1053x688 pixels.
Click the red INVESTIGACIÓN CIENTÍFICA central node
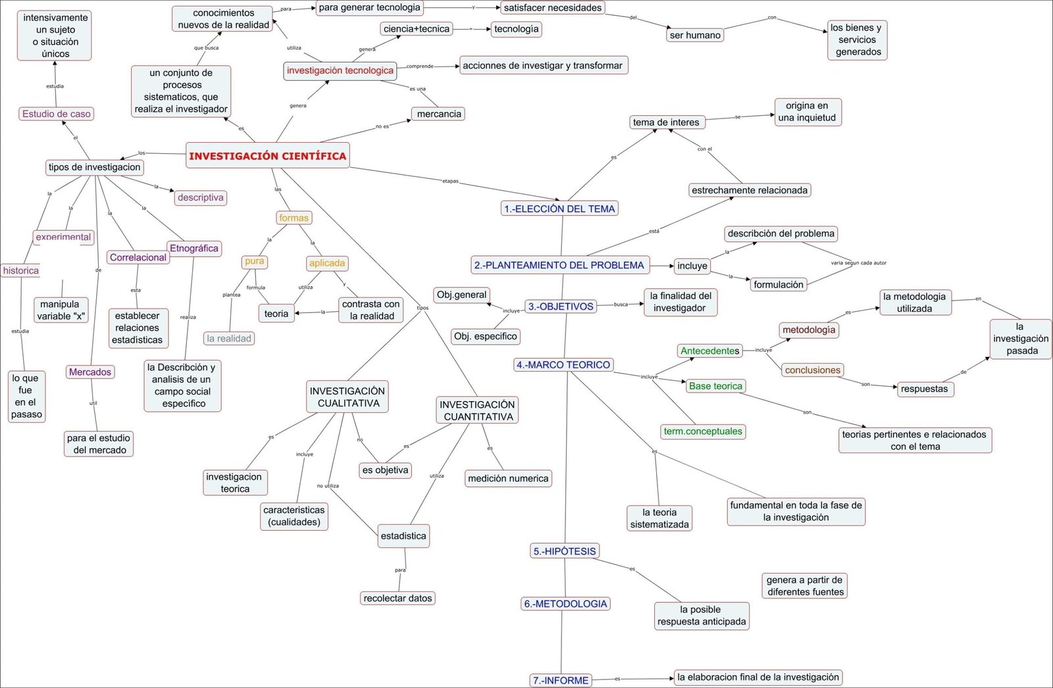(x=267, y=156)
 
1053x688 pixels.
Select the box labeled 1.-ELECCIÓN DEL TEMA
(x=559, y=209)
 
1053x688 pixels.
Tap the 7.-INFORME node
(x=561, y=680)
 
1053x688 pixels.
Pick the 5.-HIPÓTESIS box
(x=565, y=551)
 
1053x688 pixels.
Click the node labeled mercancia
(x=439, y=114)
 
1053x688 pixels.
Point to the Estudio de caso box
(x=57, y=114)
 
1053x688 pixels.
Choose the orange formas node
(x=294, y=218)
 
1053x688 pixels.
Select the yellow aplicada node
(x=327, y=263)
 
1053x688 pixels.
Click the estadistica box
(x=403, y=536)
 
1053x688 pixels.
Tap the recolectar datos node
(x=398, y=598)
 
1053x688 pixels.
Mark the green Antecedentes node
(x=709, y=351)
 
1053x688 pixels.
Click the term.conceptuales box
(x=703, y=431)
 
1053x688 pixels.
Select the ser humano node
(x=695, y=35)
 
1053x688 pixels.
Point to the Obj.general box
(x=462, y=295)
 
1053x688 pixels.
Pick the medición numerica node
(x=508, y=478)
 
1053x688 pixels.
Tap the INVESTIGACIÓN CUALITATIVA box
(x=347, y=397)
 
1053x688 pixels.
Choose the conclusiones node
(x=813, y=370)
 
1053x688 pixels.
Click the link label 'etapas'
(x=450, y=181)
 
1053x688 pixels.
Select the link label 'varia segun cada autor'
(x=858, y=263)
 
